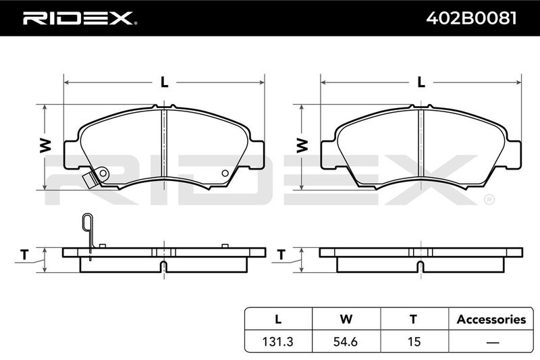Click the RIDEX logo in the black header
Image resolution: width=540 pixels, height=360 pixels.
(80, 18)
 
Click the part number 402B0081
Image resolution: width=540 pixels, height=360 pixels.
(471, 18)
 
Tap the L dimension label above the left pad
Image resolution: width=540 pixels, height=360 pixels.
(164, 82)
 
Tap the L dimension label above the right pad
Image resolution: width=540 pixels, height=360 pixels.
(421, 82)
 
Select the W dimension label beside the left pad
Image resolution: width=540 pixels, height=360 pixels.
(45, 146)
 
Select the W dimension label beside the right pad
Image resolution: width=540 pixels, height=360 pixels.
(302, 146)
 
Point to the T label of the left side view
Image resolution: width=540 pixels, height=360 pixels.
(24, 255)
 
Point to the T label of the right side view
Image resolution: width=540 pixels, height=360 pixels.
(281, 255)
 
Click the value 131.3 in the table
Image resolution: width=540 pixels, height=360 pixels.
(277, 341)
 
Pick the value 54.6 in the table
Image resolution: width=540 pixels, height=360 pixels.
(346, 341)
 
